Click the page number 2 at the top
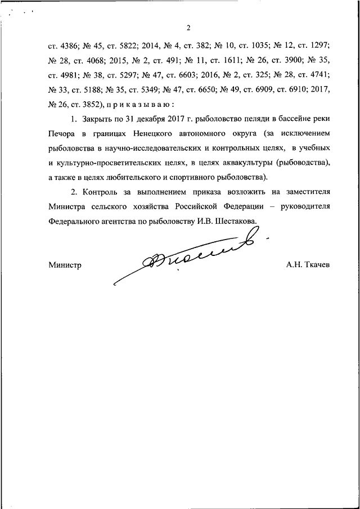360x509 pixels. tap(190, 28)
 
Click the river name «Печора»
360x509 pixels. tap(62, 133)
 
